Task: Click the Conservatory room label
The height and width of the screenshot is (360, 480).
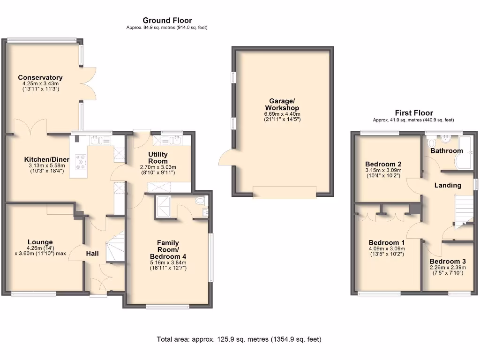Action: click(40, 77)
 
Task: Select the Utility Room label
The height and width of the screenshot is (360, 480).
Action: click(158, 157)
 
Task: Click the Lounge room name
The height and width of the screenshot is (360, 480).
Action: click(40, 242)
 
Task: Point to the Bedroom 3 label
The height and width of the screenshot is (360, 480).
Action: click(448, 261)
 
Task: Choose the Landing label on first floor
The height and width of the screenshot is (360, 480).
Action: click(448, 185)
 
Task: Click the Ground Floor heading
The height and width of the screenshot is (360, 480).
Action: click(167, 20)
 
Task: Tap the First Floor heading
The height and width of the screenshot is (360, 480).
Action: click(413, 112)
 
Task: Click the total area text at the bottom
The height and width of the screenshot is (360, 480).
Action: click(239, 339)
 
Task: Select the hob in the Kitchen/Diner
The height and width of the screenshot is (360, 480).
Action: click(80, 162)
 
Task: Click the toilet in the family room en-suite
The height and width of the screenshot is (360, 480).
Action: click(201, 201)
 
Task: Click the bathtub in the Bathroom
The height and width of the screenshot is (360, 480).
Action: click(467, 153)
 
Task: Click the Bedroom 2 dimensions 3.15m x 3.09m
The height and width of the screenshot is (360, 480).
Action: click(383, 171)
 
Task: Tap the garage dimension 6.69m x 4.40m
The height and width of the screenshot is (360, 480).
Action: click(282, 114)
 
